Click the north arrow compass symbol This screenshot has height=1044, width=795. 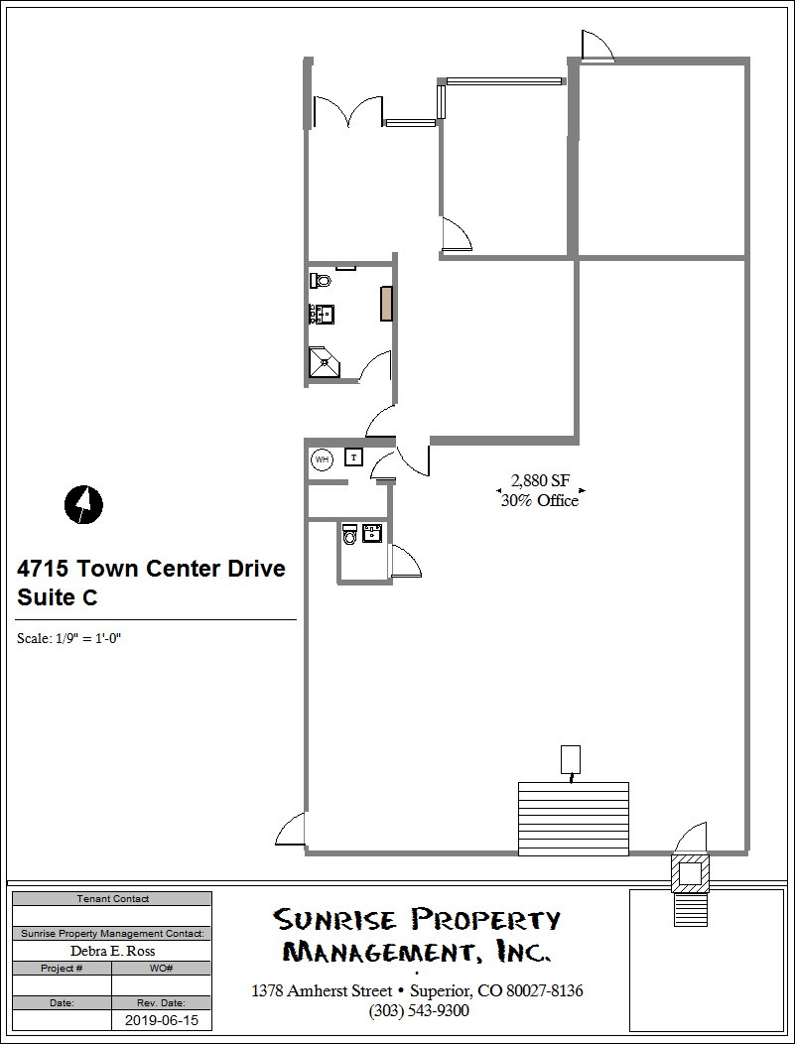point(84,504)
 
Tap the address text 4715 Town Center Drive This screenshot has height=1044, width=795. point(151,569)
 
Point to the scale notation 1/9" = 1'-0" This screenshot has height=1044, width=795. point(69,638)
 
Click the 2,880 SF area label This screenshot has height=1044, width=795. point(540,483)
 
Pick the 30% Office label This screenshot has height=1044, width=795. point(540,501)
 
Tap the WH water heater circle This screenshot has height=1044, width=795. point(322,459)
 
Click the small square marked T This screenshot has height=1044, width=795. point(353,457)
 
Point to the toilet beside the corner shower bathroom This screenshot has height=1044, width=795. point(320,281)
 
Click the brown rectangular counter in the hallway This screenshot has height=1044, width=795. point(385,303)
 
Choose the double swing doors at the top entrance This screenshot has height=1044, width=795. point(347,111)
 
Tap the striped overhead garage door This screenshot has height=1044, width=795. point(573,818)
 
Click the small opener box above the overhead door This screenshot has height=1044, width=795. point(571,759)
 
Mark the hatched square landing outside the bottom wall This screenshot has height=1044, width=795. point(690,873)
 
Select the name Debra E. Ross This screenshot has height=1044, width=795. point(111,951)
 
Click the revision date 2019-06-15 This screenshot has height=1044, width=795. point(161,1019)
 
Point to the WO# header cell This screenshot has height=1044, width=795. point(162,968)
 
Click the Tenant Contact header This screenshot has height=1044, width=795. point(112,899)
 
